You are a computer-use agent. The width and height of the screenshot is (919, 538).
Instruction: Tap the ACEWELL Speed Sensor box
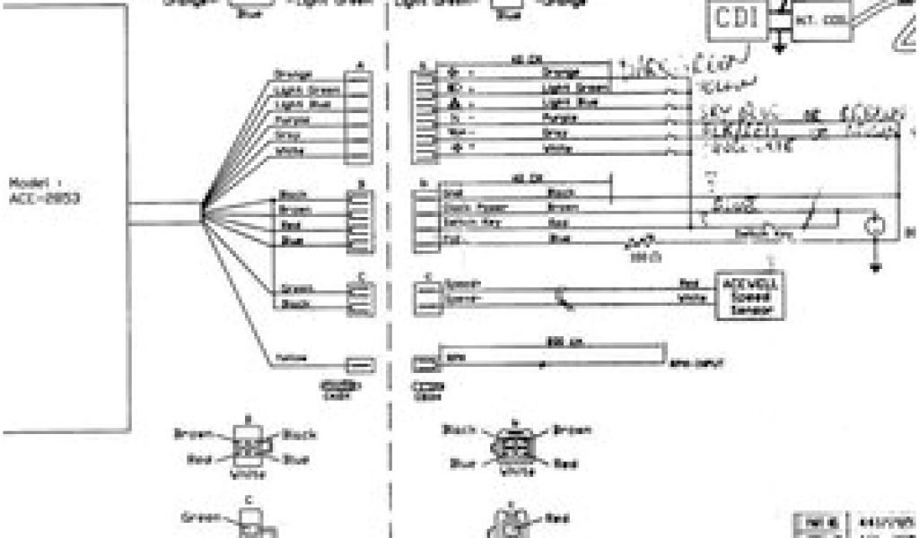tap(748, 295)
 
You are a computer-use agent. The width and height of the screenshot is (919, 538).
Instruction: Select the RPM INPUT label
tap(697, 363)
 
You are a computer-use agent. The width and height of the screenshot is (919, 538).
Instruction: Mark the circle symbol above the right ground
tap(875, 228)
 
